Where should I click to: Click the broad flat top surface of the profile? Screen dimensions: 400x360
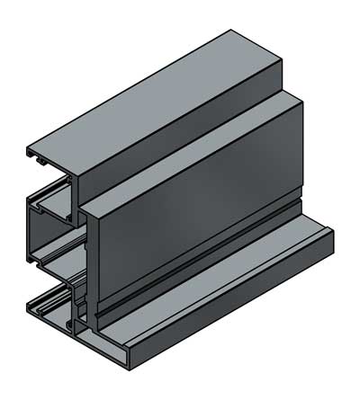point(153,99)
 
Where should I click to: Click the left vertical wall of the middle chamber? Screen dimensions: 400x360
point(31,234)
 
